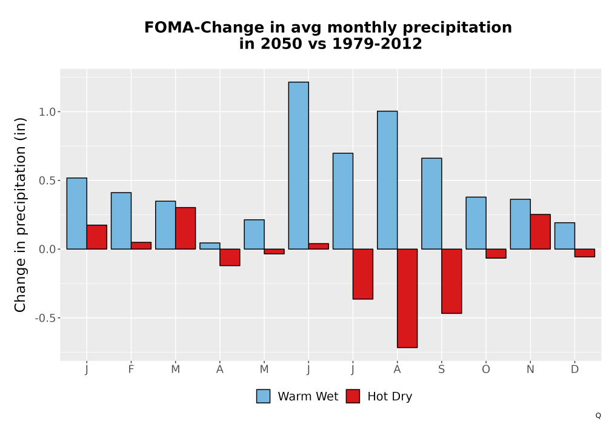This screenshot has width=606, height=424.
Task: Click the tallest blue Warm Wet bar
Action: [x=298, y=165]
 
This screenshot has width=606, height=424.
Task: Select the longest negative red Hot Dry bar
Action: [x=407, y=298]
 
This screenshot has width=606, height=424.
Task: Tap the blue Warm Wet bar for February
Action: [x=121, y=220]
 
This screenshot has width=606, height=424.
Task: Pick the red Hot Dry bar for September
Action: [x=451, y=281]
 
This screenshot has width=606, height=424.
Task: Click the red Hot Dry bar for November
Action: [x=541, y=232]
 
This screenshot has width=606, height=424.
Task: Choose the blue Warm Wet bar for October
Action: [x=476, y=223]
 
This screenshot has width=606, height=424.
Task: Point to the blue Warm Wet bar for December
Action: [x=565, y=236]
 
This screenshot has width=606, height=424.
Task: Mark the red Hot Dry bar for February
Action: [x=141, y=245]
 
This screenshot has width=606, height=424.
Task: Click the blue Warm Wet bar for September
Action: [x=431, y=204]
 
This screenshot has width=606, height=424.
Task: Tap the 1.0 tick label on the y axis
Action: [x=47, y=112]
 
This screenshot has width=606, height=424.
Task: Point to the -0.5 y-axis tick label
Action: [x=45, y=318]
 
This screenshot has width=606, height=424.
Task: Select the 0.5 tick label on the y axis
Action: [x=47, y=181]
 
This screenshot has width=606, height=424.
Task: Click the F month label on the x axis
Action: [x=131, y=369]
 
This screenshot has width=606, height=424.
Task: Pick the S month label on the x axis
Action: [x=441, y=369]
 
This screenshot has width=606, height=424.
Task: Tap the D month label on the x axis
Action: [x=574, y=369]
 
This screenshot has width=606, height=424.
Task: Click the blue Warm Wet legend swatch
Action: [x=263, y=396]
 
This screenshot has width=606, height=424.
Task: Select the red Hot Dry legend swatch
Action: [x=353, y=396]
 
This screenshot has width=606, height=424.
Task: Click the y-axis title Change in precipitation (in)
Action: [x=20, y=214]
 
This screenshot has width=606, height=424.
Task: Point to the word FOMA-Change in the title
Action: [x=202, y=27]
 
